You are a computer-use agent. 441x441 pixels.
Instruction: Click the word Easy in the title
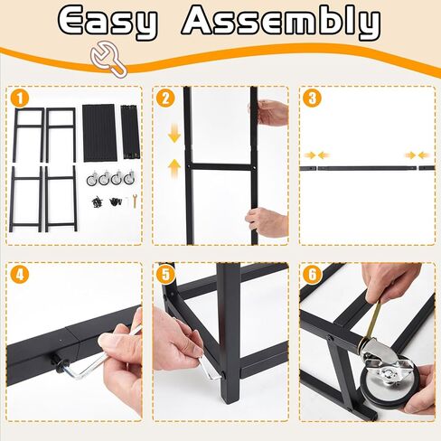click(x=108, y=22)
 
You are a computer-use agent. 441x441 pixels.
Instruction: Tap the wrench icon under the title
click(x=109, y=59)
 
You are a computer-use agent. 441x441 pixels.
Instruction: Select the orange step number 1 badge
click(x=20, y=99)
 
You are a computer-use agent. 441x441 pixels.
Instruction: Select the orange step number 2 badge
click(x=165, y=99)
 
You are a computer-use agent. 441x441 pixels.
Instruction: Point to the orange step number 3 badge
click(x=313, y=99)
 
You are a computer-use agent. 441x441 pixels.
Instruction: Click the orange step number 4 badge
click(x=20, y=275)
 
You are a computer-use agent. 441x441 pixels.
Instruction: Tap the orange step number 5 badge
click(x=165, y=275)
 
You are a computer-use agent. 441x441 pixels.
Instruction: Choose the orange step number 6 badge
click(x=313, y=275)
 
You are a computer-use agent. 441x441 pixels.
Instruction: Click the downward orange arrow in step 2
click(x=174, y=135)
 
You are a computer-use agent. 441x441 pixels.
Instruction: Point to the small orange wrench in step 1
click(x=135, y=201)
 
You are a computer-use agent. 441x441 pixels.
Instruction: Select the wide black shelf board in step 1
click(x=99, y=133)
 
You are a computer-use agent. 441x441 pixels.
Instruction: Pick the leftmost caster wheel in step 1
click(x=92, y=178)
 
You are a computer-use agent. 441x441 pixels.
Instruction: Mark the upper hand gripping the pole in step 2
click(x=268, y=112)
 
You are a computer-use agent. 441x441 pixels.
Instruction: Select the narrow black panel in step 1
click(x=130, y=132)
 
